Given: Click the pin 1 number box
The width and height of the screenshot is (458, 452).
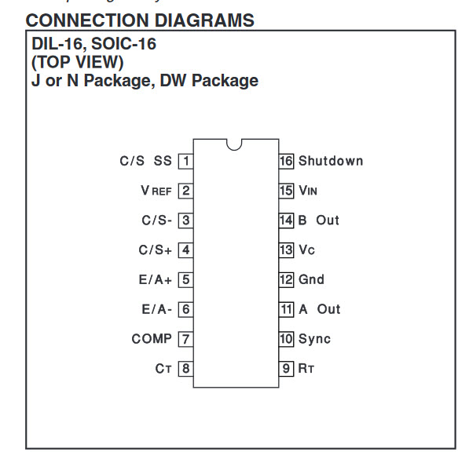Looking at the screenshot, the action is (x=185, y=161).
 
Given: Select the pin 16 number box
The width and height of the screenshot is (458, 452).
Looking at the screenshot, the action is (x=286, y=161).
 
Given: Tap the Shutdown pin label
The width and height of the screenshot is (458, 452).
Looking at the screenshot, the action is (x=331, y=161).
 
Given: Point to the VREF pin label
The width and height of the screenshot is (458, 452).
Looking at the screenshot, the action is (x=156, y=191).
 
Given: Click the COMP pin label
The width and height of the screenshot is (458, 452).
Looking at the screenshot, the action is (x=152, y=339).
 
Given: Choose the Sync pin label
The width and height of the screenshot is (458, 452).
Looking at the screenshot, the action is (x=314, y=339).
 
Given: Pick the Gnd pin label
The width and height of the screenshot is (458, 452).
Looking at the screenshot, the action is (x=311, y=279).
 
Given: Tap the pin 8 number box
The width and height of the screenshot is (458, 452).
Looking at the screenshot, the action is (x=185, y=369).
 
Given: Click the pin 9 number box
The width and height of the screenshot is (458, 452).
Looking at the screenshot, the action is (x=286, y=369).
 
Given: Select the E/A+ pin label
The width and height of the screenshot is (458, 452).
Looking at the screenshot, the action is (x=155, y=279).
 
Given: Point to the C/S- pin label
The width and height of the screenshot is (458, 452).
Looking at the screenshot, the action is (x=157, y=221).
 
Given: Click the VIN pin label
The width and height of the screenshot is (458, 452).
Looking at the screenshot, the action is (x=308, y=191).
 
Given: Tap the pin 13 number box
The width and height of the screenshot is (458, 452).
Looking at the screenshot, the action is (x=286, y=250).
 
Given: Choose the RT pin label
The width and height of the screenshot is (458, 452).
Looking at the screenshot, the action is (x=306, y=369).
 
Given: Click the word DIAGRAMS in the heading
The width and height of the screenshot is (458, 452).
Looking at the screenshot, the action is (x=204, y=20).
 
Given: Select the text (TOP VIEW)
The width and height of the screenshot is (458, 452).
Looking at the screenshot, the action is (x=78, y=62).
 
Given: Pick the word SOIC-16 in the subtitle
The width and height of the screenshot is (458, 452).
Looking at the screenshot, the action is (x=124, y=44).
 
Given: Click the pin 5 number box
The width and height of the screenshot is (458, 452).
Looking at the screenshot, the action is (x=185, y=279).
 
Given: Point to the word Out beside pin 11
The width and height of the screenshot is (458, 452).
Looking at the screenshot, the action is (x=328, y=309).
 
